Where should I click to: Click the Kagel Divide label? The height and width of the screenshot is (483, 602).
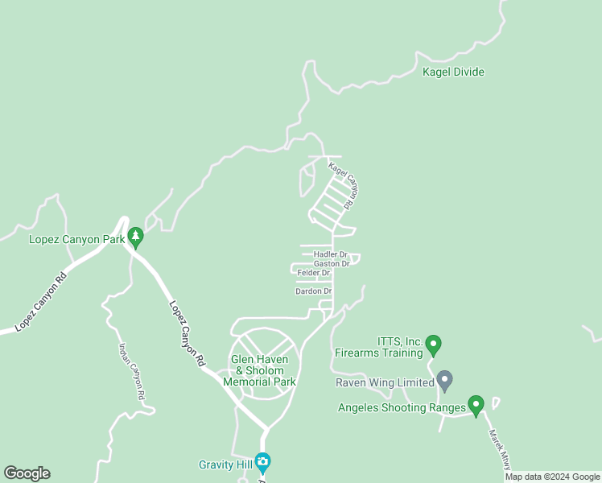point(453,72)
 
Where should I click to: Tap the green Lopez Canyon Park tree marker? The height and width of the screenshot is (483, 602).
point(136,237)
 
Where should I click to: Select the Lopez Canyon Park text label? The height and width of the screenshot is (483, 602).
point(76,239)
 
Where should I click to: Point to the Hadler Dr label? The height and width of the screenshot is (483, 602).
point(330,254)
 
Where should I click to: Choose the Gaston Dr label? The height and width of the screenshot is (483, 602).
point(332,263)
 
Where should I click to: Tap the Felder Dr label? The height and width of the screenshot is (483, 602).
point(314,273)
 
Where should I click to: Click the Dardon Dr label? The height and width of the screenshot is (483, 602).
point(314,291)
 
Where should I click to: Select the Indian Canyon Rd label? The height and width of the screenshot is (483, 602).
point(131,372)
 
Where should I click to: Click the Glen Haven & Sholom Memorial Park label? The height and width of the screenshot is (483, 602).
point(263,370)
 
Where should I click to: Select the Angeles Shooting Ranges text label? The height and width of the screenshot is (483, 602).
point(402,407)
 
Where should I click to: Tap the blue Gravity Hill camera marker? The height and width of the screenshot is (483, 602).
point(262,463)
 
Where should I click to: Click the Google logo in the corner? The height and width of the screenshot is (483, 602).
point(27,473)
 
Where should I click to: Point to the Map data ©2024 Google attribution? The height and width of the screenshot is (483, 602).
point(552,477)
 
